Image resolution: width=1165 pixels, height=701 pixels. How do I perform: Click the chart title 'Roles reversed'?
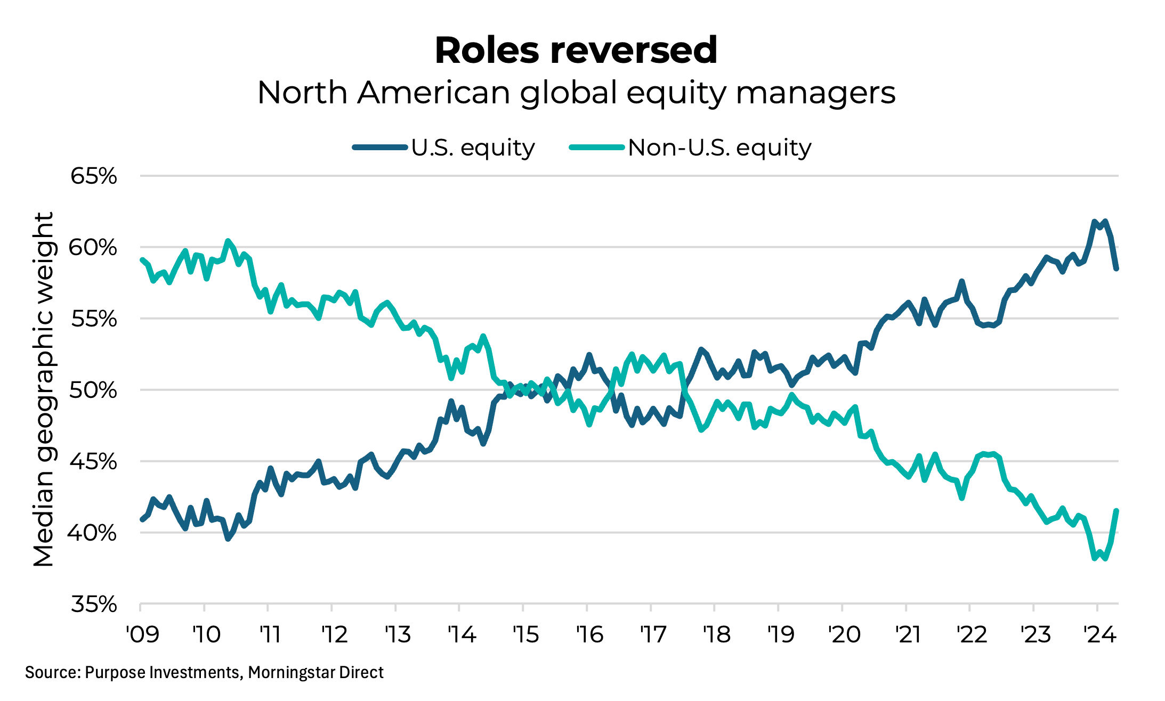point(576,51)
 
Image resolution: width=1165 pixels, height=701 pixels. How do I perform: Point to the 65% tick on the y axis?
point(94,176)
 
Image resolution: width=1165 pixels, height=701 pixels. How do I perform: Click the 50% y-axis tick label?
point(94,390)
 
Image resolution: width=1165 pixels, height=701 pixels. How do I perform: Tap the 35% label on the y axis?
point(94,605)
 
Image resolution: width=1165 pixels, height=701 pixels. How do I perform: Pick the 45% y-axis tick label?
point(94,462)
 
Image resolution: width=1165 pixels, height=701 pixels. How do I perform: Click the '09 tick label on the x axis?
point(142,634)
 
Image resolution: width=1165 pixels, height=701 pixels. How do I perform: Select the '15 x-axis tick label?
point(525,634)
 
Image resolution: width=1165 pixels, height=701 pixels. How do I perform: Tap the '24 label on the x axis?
point(1100,634)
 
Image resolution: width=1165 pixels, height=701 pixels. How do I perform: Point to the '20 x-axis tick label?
point(844,634)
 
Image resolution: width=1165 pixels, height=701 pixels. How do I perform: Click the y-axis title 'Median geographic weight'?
point(44,390)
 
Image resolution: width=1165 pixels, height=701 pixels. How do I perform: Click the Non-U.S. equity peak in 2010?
point(228,241)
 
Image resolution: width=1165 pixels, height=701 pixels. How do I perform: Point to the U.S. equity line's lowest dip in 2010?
point(228,539)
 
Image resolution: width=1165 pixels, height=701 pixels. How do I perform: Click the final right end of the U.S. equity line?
point(1116,268)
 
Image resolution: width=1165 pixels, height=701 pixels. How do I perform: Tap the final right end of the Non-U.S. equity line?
point(1116,511)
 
